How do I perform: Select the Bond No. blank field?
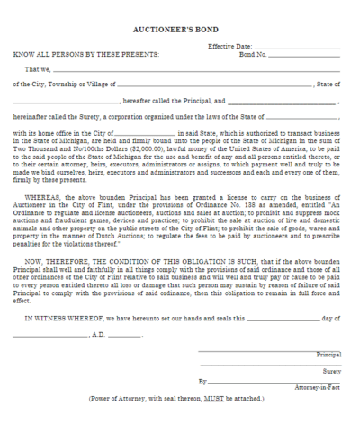[x=306, y=55]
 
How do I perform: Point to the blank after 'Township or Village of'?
[x=216, y=85]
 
